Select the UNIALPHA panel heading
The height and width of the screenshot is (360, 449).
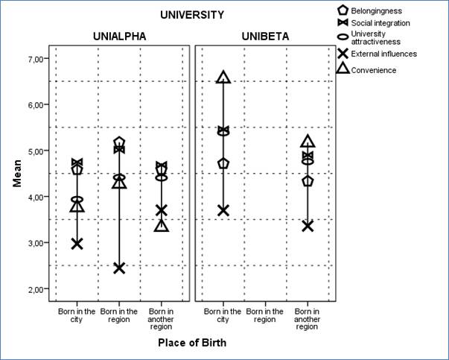click(119, 36)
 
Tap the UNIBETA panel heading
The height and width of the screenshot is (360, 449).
click(265, 36)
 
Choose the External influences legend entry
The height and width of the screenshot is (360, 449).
click(384, 54)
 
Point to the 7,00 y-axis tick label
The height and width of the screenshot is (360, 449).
click(37, 59)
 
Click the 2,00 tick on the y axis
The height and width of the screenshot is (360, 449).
click(37, 288)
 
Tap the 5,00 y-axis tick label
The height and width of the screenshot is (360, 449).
click(37, 151)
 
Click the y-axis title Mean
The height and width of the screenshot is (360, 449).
click(16, 173)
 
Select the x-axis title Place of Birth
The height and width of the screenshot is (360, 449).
click(192, 343)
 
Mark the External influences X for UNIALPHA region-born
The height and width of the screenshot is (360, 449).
click(119, 268)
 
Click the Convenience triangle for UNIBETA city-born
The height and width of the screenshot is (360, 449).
click(223, 77)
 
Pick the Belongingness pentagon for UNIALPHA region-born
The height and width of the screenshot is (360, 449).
click(119, 142)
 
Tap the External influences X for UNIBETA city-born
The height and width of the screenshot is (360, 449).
click(223, 210)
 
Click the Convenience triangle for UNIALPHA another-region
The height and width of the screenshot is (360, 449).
click(162, 225)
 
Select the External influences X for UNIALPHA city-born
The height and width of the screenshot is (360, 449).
click(77, 243)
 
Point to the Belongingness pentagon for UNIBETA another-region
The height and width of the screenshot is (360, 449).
click(308, 181)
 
